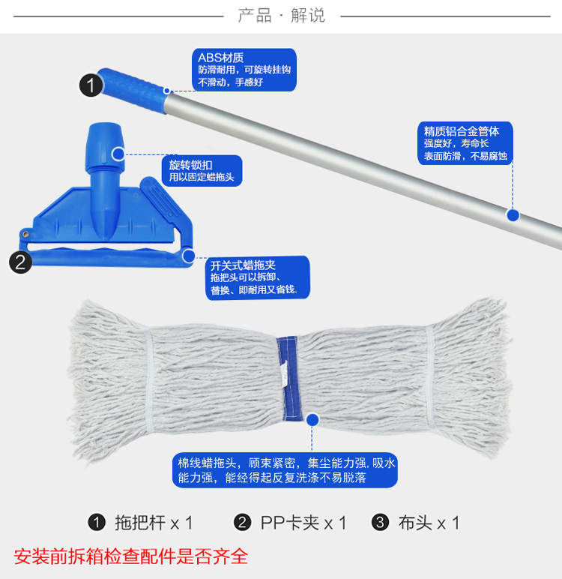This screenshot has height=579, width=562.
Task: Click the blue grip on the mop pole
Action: (133, 91)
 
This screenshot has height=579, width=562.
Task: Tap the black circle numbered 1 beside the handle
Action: (91, 85)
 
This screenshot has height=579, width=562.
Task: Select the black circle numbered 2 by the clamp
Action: (20, 262)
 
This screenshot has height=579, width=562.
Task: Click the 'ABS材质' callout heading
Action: (220, 58)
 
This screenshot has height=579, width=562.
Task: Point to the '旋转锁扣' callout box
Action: (202, 170)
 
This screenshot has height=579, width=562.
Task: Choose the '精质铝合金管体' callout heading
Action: (462, 131)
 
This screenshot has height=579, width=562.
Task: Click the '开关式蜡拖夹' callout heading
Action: (243, 265)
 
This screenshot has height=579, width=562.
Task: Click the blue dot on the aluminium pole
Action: (513, 215)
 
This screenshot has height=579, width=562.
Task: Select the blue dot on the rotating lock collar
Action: (118, 154)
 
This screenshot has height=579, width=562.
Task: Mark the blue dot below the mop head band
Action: (312, 420)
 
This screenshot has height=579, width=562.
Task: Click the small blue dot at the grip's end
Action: (167, 91)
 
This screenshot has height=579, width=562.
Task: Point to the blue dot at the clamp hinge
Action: (189, 256)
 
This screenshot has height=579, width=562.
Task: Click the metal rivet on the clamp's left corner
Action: (25, 234)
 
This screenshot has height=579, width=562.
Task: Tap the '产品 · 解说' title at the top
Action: (281, 16)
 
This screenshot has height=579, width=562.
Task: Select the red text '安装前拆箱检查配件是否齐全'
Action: (131, 556)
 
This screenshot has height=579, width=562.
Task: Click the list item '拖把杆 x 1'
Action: (140, 523)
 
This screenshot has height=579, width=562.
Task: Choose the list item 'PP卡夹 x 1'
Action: (290, 523)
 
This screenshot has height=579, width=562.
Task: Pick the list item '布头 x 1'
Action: (416, 523)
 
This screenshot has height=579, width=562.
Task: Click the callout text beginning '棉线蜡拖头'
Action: (285, 470)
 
